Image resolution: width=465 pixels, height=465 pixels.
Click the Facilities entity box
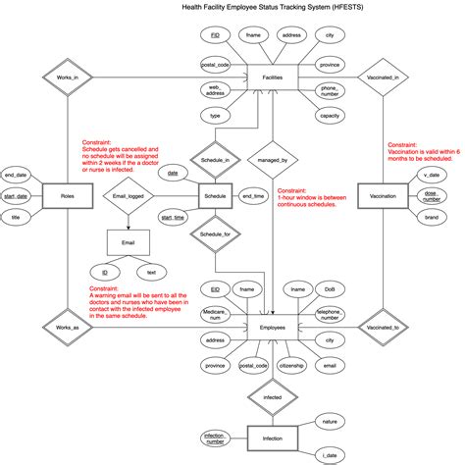pyautogui.click(x=273, y=77)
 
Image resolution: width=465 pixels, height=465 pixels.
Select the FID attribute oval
pyautogui.click(x=215, y=35)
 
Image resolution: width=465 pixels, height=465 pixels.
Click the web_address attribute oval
pyautogui.click(x=214, y=90)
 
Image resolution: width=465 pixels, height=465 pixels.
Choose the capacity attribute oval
pyautogui.click(x=330, y=115)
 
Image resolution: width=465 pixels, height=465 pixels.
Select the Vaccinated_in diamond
pyautogui.click(x=388, y=77)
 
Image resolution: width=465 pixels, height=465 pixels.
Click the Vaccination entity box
pyautogui.click(x=388, y=196)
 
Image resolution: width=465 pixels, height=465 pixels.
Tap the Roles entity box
pyautogui.click(x=68, y=196)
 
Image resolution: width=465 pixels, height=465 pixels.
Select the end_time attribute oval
pyautogui.click(x=253, y=196)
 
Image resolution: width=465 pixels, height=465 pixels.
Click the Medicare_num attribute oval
pyautogui.click(x=215, y=315)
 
